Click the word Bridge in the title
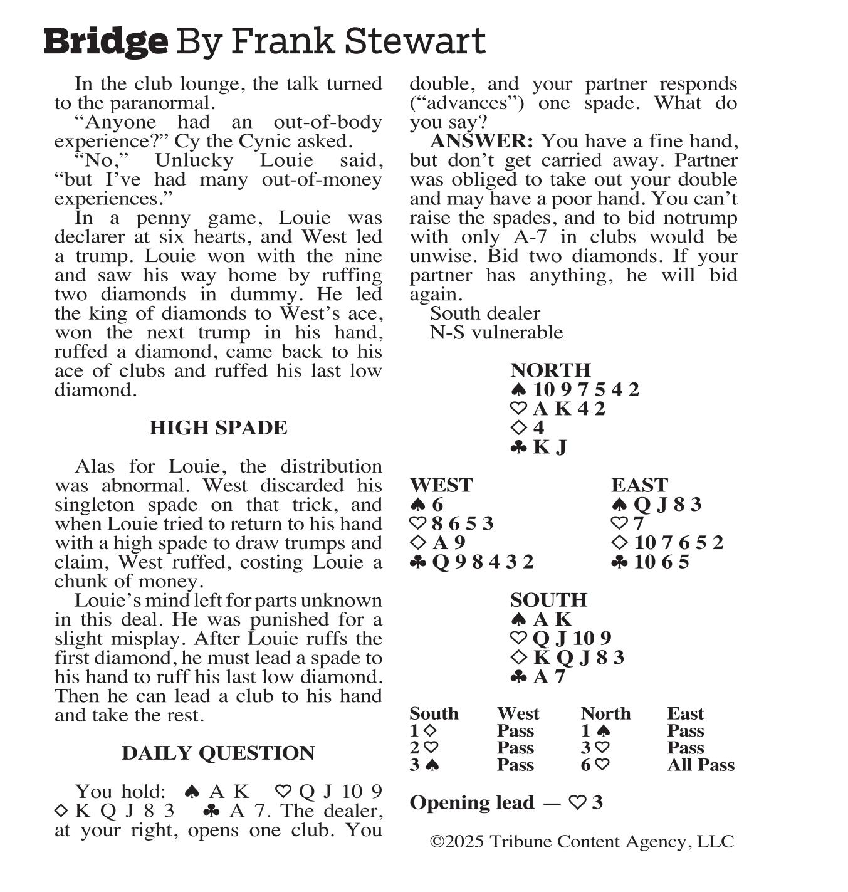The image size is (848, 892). [x=105, y=41]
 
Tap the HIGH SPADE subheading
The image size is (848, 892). [x=218, y=428]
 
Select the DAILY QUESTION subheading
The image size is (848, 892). [x=218, y=753]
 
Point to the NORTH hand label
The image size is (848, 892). [x=550, y=370]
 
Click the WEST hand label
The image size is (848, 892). [x=441, y=485]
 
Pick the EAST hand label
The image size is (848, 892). [x=639, y=485]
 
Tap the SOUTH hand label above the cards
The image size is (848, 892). [x=548, y=601]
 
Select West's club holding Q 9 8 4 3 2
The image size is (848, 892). [x=483, y=562]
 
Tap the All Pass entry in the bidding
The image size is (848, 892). [x=700, y=765]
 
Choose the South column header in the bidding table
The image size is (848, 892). [x=434, y=714]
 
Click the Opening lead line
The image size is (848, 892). [x=506, y=803]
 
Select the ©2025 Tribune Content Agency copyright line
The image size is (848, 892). [x=582, y=842]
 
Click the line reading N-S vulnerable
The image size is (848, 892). [x=496, y=332]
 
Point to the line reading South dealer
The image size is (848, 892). [x=484, y=313]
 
